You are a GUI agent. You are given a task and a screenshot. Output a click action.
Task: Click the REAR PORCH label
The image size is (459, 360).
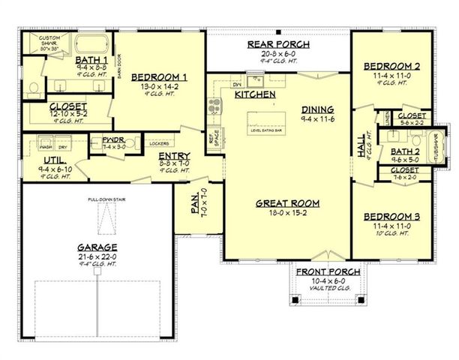pyautogui.click(x=275, y=45)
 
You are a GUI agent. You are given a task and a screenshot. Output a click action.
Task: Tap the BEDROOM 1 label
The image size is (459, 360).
pyautogui.click(x=159, y=76)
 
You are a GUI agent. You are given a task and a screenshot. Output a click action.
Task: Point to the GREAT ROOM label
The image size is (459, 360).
pyautogui.click(x=287, y=202)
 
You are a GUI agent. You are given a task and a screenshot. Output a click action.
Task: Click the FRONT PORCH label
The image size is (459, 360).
pyautogui.click(x=327, y=271)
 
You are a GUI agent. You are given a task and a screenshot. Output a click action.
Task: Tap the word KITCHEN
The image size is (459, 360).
pyautogui.click(x=255, y=95)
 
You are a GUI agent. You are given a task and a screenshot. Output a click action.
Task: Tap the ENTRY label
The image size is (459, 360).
pyautogui.click(x=173, y=156)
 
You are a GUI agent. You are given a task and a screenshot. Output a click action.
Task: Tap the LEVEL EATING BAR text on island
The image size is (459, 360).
pyautogui.click(x=266, y=130)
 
